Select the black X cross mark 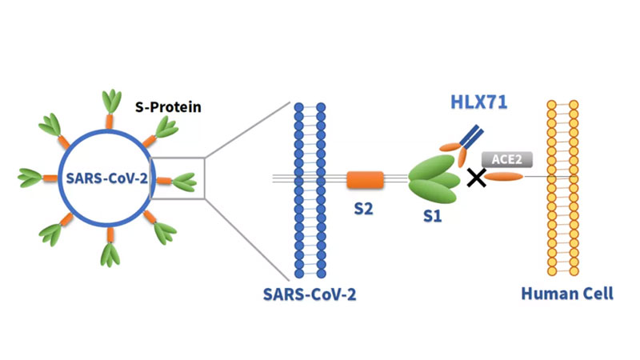[x=477, y=178]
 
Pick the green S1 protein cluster [x=433, y=179]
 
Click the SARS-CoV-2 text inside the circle [x=107, y=178]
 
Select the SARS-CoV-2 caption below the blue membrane [x=310, y=294]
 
